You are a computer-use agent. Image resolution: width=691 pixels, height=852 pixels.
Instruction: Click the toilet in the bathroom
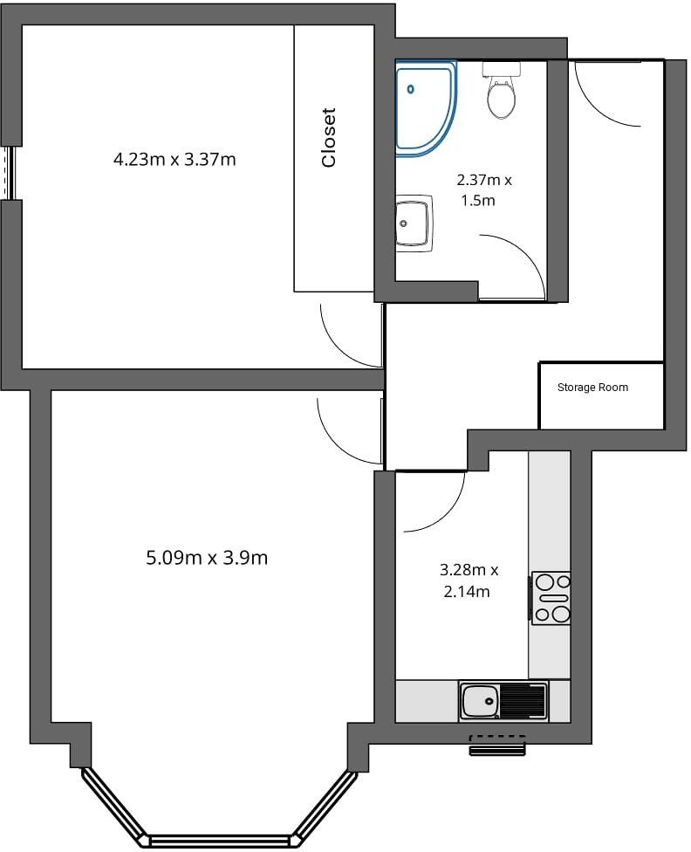coord(501,93)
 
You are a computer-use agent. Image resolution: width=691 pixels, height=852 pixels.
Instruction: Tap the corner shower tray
coord(422,106)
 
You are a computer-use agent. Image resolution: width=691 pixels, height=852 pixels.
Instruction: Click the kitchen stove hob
coord(551,598)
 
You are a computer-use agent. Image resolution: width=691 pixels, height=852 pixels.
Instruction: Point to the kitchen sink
coord(479,701)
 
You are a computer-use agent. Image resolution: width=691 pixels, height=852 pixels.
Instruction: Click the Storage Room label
coord(592,388)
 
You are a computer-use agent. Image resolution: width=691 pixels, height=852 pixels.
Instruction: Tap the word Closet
coord(329,137)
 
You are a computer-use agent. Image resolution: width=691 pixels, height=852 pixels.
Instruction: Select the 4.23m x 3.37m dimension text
coord(174,159)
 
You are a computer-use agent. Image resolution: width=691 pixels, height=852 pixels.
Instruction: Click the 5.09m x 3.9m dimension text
coord(207,557)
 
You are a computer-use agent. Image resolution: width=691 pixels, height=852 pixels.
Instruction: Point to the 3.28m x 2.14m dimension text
coord(469,581)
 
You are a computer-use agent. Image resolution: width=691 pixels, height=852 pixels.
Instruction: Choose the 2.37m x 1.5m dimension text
coord(483,190)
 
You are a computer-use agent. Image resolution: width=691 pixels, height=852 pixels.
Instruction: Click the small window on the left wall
coord(10,172)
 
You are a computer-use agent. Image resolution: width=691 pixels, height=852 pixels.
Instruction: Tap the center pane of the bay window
coord(219,840)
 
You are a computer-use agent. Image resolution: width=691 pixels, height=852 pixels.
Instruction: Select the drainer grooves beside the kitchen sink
coord(523,701)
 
